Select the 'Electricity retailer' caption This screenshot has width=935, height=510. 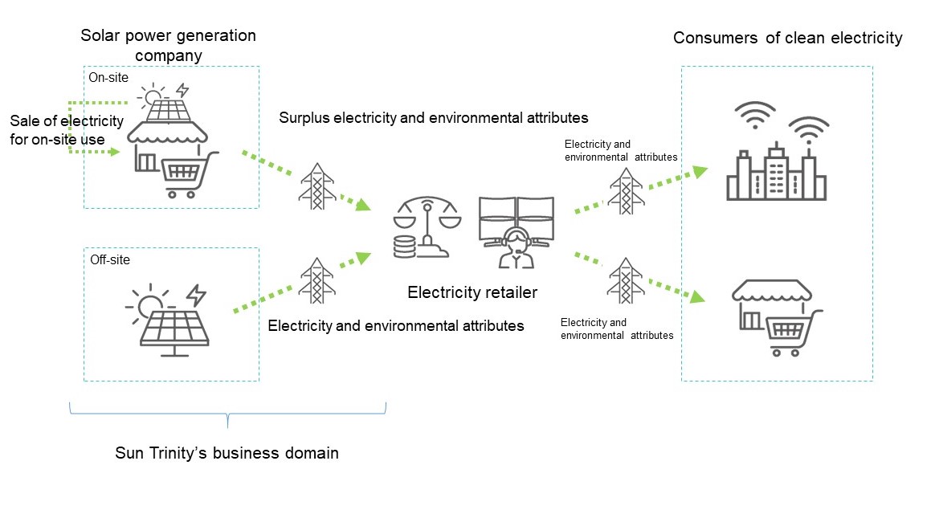472,292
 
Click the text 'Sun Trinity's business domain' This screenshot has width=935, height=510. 227,453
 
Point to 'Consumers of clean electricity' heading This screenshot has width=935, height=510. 787,38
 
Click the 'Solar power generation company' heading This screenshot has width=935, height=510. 168,45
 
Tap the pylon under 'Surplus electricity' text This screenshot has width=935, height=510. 316,187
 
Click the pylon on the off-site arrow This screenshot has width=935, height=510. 316,280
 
